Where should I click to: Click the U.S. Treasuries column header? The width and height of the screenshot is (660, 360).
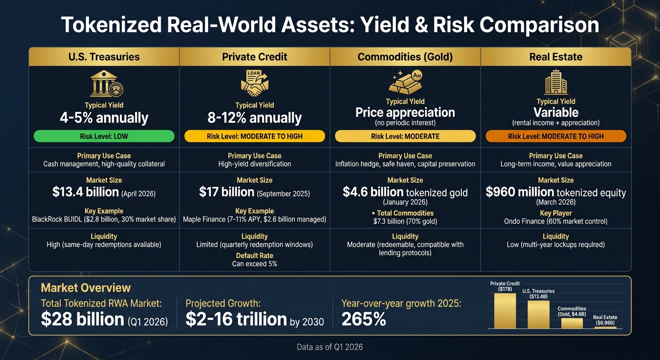pyautogui.click(x=104, y=57)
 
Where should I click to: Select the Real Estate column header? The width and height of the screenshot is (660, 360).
pyautogui.click(x=555, y=57)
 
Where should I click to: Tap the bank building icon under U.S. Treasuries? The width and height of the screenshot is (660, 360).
pyautogui.click(x=106, y=85)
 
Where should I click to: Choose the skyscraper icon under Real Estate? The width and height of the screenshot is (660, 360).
pyautogui.click(x=556, y=82)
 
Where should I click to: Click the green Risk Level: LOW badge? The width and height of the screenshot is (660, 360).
pyautogui.click(x=104, y=136)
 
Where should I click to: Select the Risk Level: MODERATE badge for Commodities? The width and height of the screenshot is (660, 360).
pyautogui.click(x=405, y=136)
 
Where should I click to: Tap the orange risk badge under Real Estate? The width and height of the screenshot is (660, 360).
pyautogui.click(x=555, y=136)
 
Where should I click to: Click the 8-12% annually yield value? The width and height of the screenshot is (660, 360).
pyautogui.click(x=255, y=118)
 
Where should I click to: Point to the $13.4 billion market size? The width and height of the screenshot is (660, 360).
pyautogui.click(x=86, y=192)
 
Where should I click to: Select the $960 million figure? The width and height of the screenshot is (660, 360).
pyautogui.click(x=519, y=192)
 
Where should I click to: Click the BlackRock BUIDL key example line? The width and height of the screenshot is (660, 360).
pyautogui.click(x=104, y=219)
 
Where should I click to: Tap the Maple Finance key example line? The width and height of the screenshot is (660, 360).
pyautogui.click(x=255, y=219)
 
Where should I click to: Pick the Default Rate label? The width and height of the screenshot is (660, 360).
pyautogui.click(x=255, y=255)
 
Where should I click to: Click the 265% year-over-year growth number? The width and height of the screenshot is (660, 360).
pyautogui.click(x=364, y=319)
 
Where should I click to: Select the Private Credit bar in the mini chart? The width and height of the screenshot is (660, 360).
pyautogui.click(x=505, y=311)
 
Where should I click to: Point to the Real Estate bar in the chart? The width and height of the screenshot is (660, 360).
pyautogui.click(x=605, y=327)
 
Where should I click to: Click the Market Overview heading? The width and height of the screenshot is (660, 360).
pyautogui.click(x=86, y=288)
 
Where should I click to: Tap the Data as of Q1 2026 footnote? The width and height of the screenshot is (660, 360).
pyautogui.click(x=330, y=347)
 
